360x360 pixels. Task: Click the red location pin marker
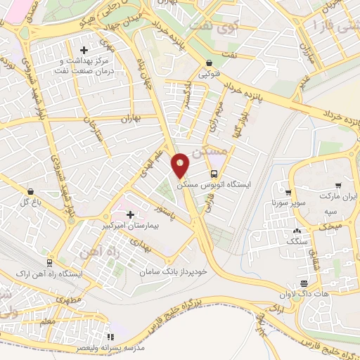pyautogui.click(x=181, y=165)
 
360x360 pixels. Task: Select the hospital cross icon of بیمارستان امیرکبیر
pyautogui.click(x=130, y=214)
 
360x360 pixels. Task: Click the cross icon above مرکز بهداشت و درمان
pyautogui.click(x=84, y=50)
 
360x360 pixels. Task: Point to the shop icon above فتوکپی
pyautogui.click(x=208, y=61)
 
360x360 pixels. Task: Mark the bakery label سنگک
pyautogui.click(x=297, y=240)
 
